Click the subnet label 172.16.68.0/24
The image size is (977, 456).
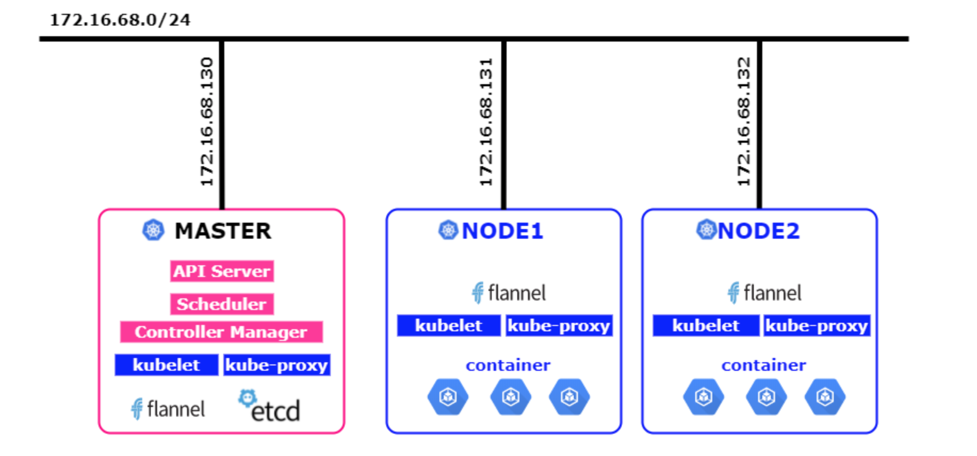pyautogui.click(x=120, y=20)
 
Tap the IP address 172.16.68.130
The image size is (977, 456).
pyautogui.click(x=207, y=122)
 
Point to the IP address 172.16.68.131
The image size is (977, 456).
pyautogui.click(x=486, y=122)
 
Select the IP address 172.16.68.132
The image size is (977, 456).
pyautogui.click(x=744, y=122)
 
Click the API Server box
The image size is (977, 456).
pyautogui.click(x=222, y=271)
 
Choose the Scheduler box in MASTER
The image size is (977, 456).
pyautogui.click(x=222, y=304)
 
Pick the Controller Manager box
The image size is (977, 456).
pyautogui.click(x=221, y=332)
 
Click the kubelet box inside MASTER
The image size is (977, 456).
pyautogui.click(x=166, y=365)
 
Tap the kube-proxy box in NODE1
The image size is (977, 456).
pyautogui.click(x=559, y=325)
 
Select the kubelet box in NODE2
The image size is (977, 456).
pyautogui.click(x=706, y=325)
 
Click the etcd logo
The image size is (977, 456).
pyautogui.click(x=270, y=406)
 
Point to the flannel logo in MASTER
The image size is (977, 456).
pyautogui.click(x=168, y=409)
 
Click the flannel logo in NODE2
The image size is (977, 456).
pyautogui.click(x=764, y=293)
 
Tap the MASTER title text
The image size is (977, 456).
pyautogui.click(x=223, y=231)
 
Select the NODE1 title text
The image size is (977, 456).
pyautogui.click(x=502, y=231)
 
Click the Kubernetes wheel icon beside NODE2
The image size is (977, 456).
pyautogui.click(x=706, y=230)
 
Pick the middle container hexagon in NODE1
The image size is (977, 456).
pyautogui.click(x=511, y=397)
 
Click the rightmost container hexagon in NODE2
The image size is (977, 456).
pyautogui.click(x=825, y=397)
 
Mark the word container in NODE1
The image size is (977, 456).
pyautogui.click(x=508, y=365)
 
